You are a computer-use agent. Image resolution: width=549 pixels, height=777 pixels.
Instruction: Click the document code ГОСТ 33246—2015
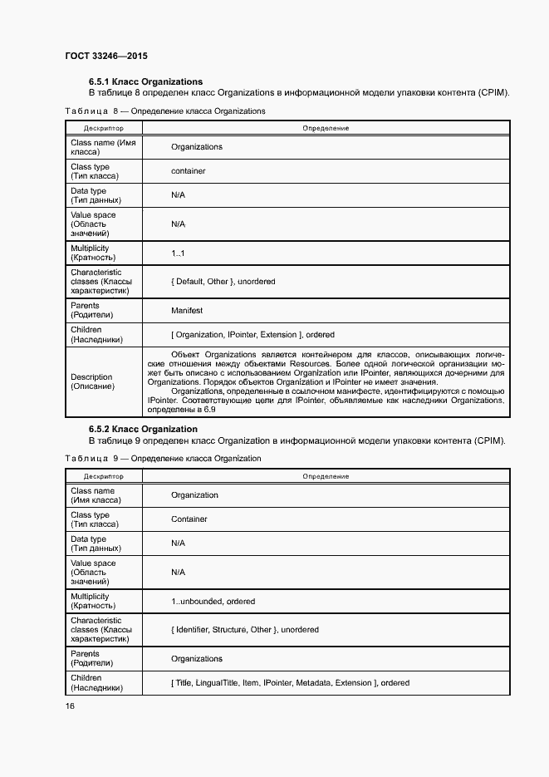click(x=105, y=57)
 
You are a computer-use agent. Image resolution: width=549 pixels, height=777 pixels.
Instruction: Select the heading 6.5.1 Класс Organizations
click(x=145, y=82)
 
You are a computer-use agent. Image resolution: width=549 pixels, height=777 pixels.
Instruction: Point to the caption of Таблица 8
click(x=164, y=111)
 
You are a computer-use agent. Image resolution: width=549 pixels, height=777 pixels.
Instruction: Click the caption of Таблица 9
click(x=162, y=459)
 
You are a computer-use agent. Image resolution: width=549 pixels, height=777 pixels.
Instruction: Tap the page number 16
click(x=70, y=706)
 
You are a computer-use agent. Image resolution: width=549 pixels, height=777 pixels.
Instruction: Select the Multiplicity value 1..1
click(x=178, y=253)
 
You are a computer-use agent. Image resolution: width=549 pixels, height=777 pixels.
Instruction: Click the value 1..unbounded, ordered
click(x=213, y=602)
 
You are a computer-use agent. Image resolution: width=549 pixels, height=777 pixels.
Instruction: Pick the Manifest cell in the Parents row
click(x=187, y=311)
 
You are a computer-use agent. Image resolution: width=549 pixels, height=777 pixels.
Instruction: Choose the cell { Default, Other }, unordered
click(x=223, y=282)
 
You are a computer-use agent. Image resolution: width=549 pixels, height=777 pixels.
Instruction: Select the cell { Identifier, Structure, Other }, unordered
click(x=244, y=630)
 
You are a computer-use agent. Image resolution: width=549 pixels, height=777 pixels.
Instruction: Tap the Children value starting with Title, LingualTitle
click(x=290, y=683)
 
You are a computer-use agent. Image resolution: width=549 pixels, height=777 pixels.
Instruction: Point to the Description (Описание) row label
click(x=93, y=382)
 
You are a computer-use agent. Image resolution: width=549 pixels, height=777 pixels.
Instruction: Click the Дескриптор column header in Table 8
click(x=103, y=129)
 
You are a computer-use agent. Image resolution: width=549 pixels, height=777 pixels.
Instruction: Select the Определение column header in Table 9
click(x=326, y=477)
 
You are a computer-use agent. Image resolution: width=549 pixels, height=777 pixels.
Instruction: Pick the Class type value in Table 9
click(x=189, y=519)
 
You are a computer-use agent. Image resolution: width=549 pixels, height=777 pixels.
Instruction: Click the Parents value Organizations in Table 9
click(x=197, y=659)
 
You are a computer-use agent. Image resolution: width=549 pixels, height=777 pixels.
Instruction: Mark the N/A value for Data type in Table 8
click(x=178, y=195)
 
